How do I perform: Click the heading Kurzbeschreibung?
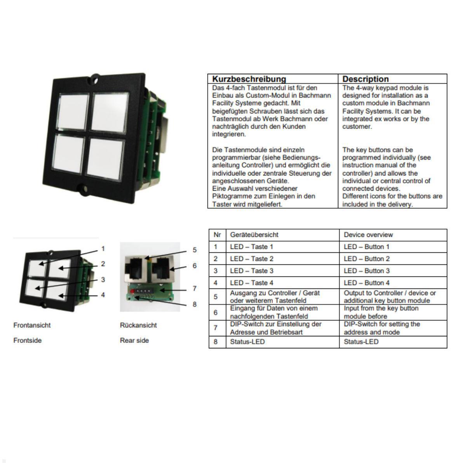point(249,79)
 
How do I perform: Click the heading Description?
point(365,79)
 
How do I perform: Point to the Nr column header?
point(217,235)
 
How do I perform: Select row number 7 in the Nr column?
point(216,328)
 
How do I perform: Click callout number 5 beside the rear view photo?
point(195,250)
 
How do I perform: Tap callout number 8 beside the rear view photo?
point(195,304)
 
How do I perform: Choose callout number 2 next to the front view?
point(103,264)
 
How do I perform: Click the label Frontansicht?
point(32,325)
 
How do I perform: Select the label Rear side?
point(134,341)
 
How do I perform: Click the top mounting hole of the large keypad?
point(95,79)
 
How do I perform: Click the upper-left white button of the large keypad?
point(72,111)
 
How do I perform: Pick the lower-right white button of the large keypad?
point(105,159)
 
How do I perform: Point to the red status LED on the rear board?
point(132,291)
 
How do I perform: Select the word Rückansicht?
point(138,325)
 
